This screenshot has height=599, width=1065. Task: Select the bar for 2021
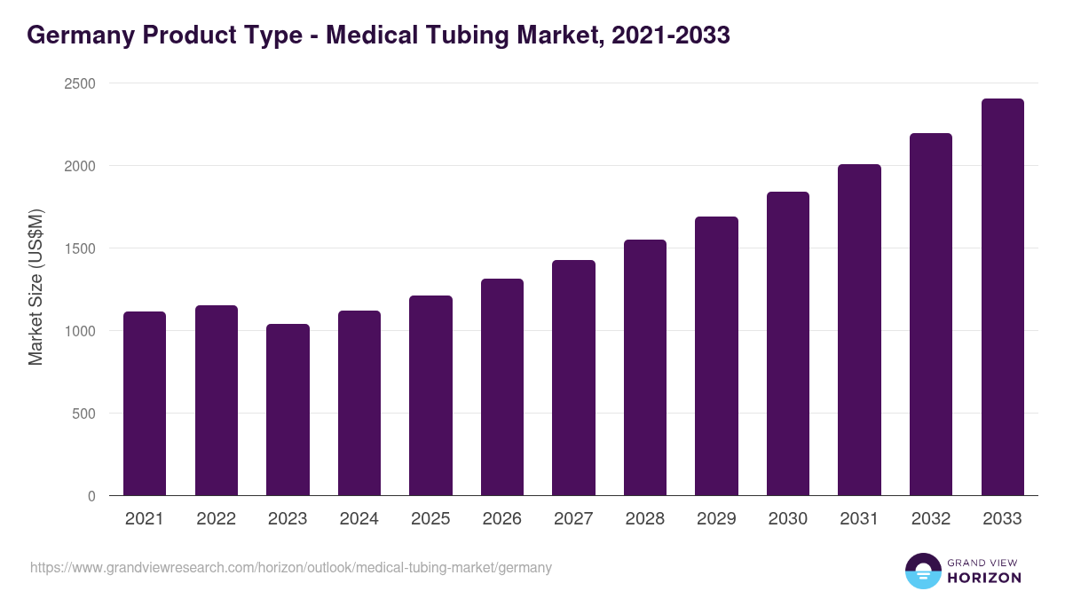coord(145,404)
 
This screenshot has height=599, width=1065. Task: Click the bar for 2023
coord(288,410)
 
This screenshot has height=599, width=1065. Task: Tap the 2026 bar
coord(502,387)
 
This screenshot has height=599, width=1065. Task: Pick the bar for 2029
coord(716,356)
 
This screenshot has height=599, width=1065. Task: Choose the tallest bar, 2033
coord(1002,297)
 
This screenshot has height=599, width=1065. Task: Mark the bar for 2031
coord(859,330)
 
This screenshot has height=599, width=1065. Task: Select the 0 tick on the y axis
coord(91,496)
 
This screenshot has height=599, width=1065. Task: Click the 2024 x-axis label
coord(359,519)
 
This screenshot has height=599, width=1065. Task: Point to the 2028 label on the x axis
coord(644,519)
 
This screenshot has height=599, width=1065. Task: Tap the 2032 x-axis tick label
coord(930,519)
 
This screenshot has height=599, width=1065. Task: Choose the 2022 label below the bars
coord(216,519)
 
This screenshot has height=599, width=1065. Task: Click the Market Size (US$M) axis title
coord(35,287)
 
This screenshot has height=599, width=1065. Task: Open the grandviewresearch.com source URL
coord(291,568)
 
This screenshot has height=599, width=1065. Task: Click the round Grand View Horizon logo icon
coord(922,571)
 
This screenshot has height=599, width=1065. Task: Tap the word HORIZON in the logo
coord(984,578)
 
